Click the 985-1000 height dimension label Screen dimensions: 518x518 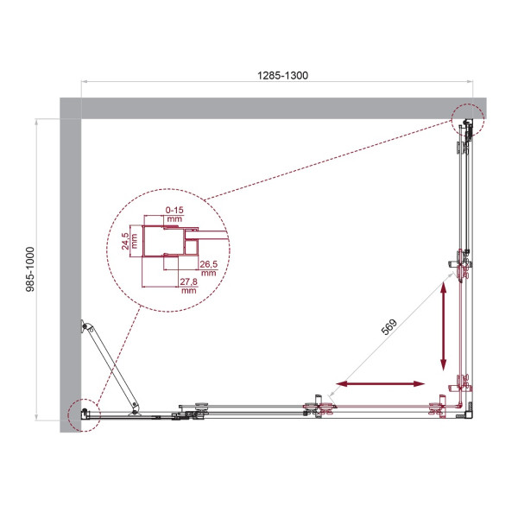(29, 274)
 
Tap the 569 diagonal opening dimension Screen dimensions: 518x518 (389, 327)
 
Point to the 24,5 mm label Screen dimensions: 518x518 (128, 241)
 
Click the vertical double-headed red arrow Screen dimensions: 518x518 (445, 327)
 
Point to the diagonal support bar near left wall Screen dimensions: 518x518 (112, 368)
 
